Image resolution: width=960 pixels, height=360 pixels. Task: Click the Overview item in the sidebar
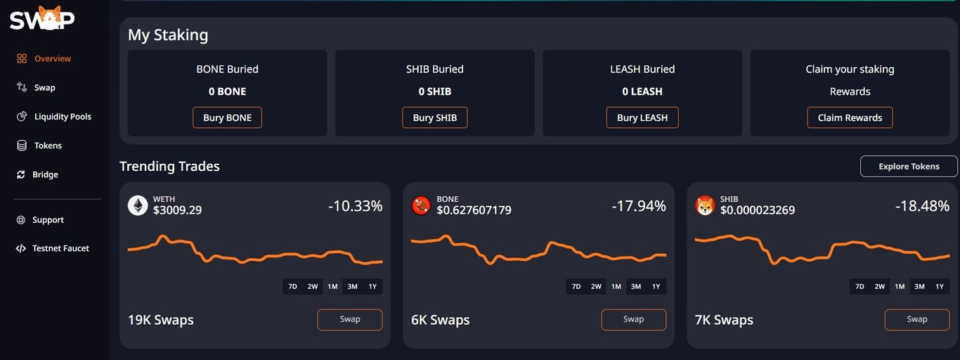tap(52, 59)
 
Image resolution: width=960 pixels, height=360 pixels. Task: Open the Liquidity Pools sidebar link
tap(63, 117)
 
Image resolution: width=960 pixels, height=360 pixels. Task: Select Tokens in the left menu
tap(48, 146)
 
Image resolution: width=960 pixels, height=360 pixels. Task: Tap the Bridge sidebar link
tap(45, 174)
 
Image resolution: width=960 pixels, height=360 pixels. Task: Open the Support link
tap(48, 220)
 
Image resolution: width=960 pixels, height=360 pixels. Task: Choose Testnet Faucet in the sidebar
tap(60, 248)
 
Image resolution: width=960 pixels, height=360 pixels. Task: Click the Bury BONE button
tap(227, 117)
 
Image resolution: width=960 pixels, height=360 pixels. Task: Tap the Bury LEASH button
tap(642, 117)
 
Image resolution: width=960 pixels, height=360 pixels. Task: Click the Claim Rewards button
tap(850, 117)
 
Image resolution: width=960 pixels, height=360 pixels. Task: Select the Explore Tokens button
tap(909, 167)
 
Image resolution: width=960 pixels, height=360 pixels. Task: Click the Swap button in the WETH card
tap(350, 319)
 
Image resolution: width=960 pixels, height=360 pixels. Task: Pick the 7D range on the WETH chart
tap(293, 286)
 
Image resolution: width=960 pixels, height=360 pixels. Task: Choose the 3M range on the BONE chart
tap(636, 286)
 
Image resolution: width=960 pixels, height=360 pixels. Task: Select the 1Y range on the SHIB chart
tap(939, 286)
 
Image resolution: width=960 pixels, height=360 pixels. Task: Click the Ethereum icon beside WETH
tap(138, 205)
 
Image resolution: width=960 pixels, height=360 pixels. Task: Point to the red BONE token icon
tap(421, 205)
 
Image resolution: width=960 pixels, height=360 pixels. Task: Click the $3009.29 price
tap(177, 210)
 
